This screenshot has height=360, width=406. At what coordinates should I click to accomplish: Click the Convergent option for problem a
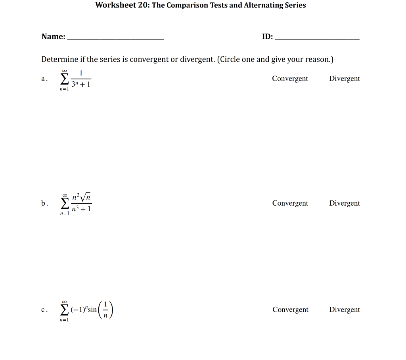coord(290,79)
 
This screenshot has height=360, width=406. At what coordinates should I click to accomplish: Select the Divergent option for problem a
coord(344,79)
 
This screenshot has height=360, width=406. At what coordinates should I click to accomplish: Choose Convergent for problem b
coord(290,203)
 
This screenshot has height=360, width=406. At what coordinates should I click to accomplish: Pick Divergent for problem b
coord(344,203)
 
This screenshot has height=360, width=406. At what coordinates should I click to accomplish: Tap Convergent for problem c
coord(290,310)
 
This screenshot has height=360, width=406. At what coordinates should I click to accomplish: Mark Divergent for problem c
coord(344,310)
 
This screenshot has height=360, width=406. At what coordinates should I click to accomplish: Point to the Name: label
coord(54,37)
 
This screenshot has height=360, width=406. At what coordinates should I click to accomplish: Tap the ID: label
coord(267,37)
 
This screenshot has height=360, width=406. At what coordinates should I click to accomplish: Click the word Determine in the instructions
coord(59,60)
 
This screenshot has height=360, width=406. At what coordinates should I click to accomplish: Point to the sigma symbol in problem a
coord(64,80)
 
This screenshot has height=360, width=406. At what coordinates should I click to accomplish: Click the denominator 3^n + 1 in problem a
coord(81,85)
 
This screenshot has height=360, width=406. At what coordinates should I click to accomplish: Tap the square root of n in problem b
coord(87,196)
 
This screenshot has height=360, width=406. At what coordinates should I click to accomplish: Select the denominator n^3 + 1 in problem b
coord(81,209)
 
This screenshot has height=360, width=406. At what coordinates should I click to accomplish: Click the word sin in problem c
coord(92,310)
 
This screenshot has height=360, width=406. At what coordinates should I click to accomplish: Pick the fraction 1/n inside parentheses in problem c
coord(105,310)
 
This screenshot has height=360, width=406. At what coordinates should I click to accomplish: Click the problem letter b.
coord(44,203)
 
